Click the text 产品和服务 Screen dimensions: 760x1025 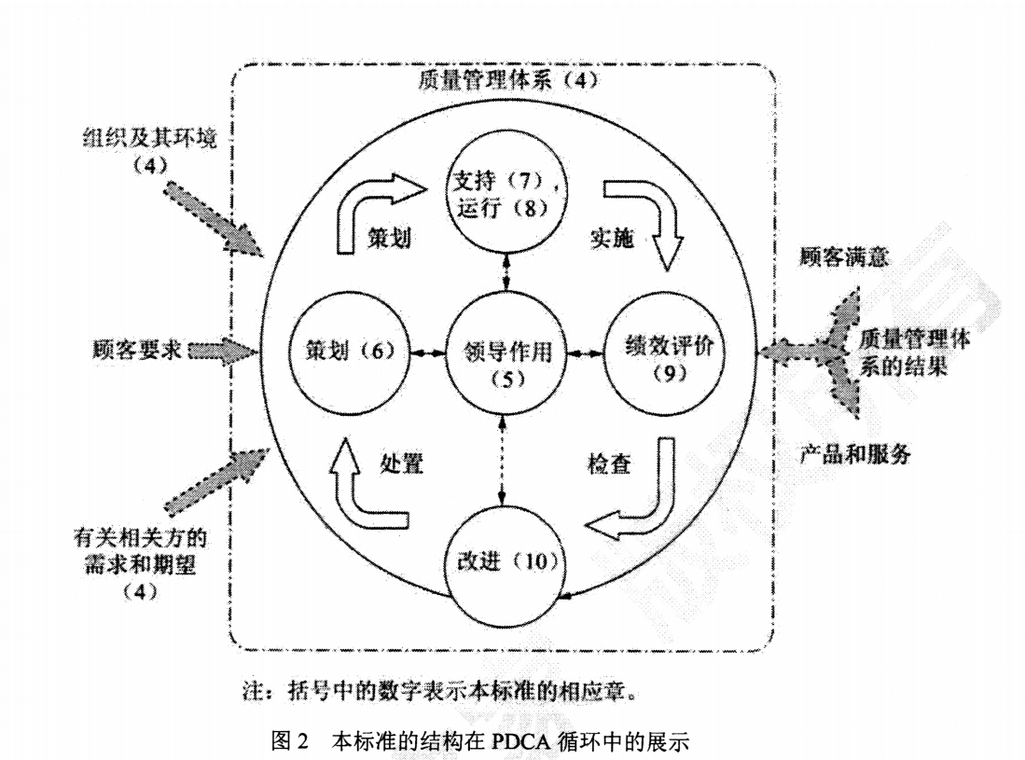click(x=855, y=456)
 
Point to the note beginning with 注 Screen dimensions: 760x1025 click(x=438, y=693)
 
